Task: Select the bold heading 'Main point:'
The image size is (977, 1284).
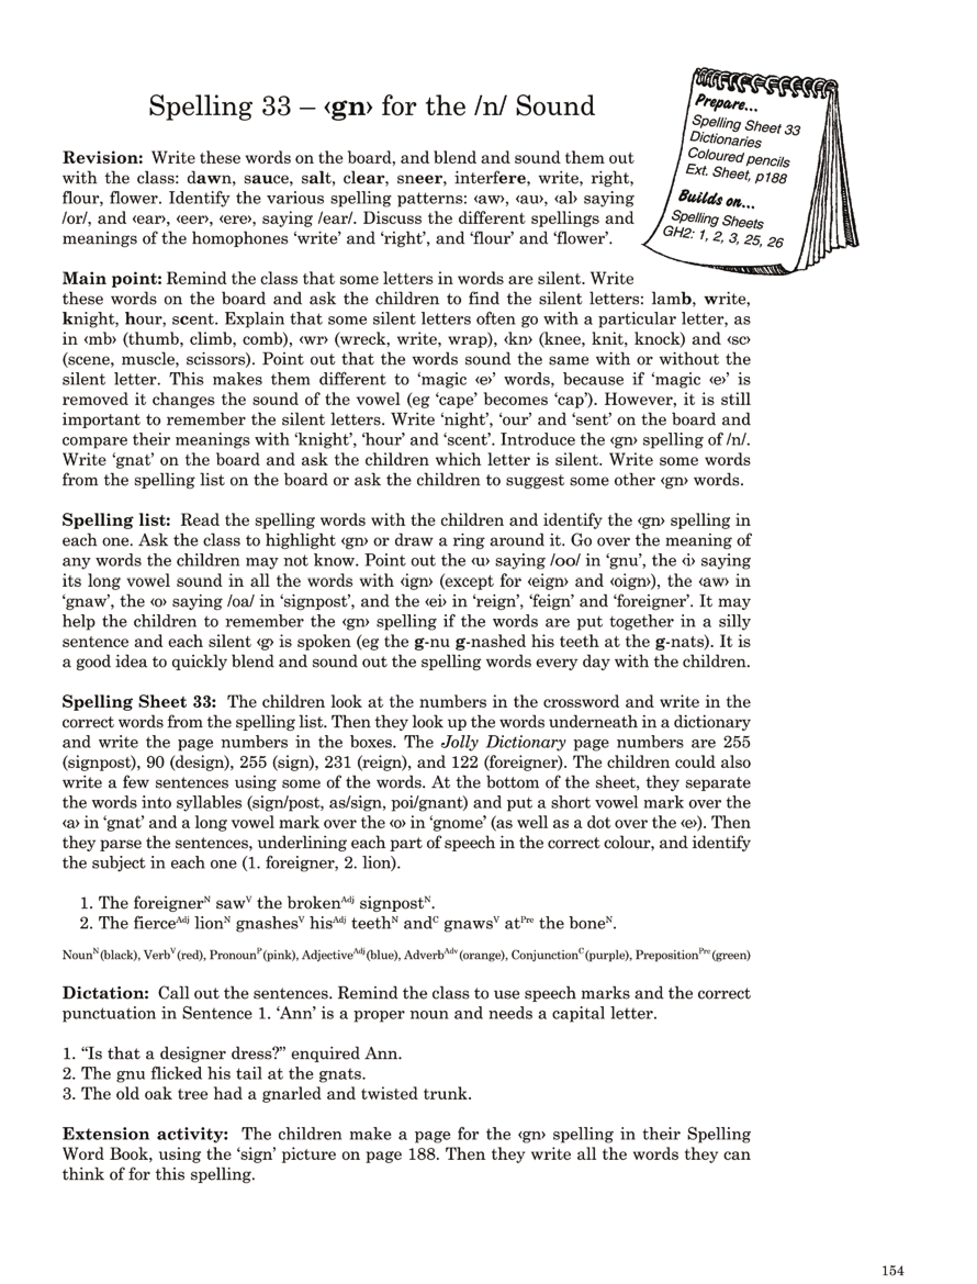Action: (111, 279)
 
